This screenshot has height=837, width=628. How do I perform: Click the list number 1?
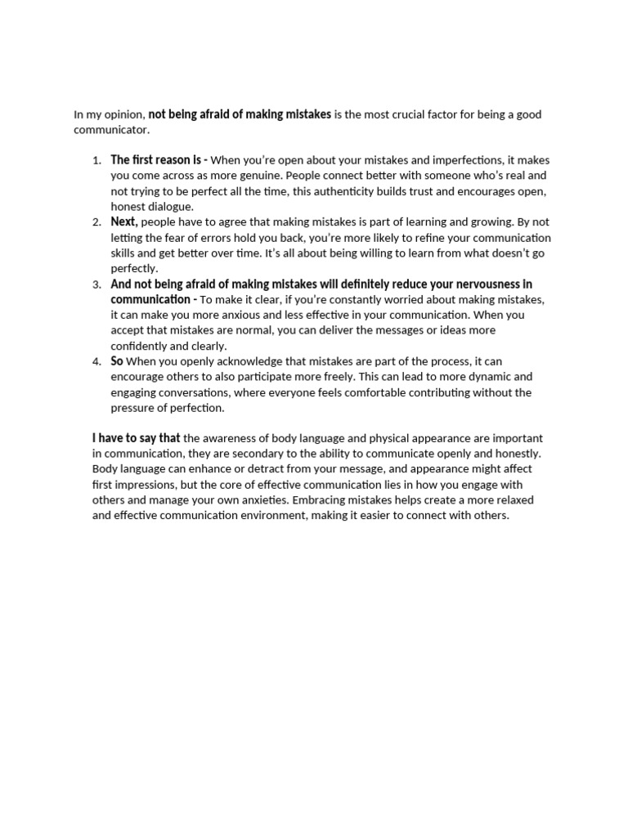[96, 160]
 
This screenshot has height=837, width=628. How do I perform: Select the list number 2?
[96, 222]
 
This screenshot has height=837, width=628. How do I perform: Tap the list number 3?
[96, 284]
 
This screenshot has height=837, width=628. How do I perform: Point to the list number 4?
[96, 362]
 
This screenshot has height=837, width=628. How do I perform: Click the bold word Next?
[124, 222]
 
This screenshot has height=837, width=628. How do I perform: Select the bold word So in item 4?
[117, 361]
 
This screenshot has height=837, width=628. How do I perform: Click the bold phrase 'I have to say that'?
[136, 438]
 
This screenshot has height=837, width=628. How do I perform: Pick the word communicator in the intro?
[111, 130]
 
